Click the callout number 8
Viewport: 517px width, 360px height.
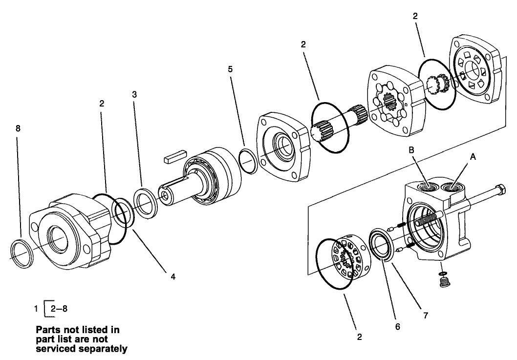tap(18, 128)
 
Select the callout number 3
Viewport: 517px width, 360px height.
tap(134, 94)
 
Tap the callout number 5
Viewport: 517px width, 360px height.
tap(230, 69)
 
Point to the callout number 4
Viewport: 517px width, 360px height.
tap(173, 276)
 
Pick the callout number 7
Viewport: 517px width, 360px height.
tap(426, 316)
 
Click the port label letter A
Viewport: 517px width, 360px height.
tap(473, 157)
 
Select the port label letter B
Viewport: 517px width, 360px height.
tap(411, 150)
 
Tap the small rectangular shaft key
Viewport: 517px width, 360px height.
tap(174, 157)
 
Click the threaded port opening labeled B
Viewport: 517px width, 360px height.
tap(430, 186)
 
